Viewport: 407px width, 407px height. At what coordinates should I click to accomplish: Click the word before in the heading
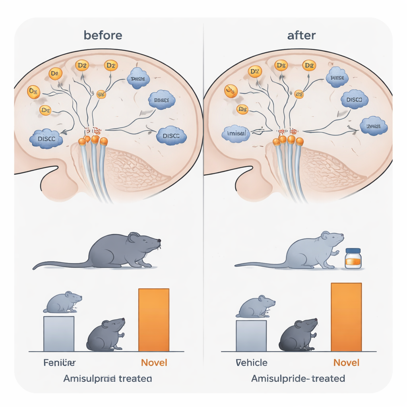coord(103,35)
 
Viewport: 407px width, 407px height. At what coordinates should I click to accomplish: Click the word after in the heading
coord(301,35)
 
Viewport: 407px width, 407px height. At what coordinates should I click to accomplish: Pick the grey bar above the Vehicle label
coord(251,335)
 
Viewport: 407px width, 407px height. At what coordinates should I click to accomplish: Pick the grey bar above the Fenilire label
coord(59,333)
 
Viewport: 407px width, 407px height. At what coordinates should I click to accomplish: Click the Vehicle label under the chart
coord(251,362)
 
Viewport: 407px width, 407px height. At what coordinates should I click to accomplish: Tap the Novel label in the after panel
coord(346,362)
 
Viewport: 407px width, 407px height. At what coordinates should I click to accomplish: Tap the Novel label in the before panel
coord(154,362)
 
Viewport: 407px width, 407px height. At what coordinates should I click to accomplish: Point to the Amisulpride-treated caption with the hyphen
coord(298,378)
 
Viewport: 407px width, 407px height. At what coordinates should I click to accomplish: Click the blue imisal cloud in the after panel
coord(236,134)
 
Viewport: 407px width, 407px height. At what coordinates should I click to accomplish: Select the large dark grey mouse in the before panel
coord(119,251)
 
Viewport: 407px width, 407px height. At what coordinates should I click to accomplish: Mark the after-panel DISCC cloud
coord(354,100)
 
